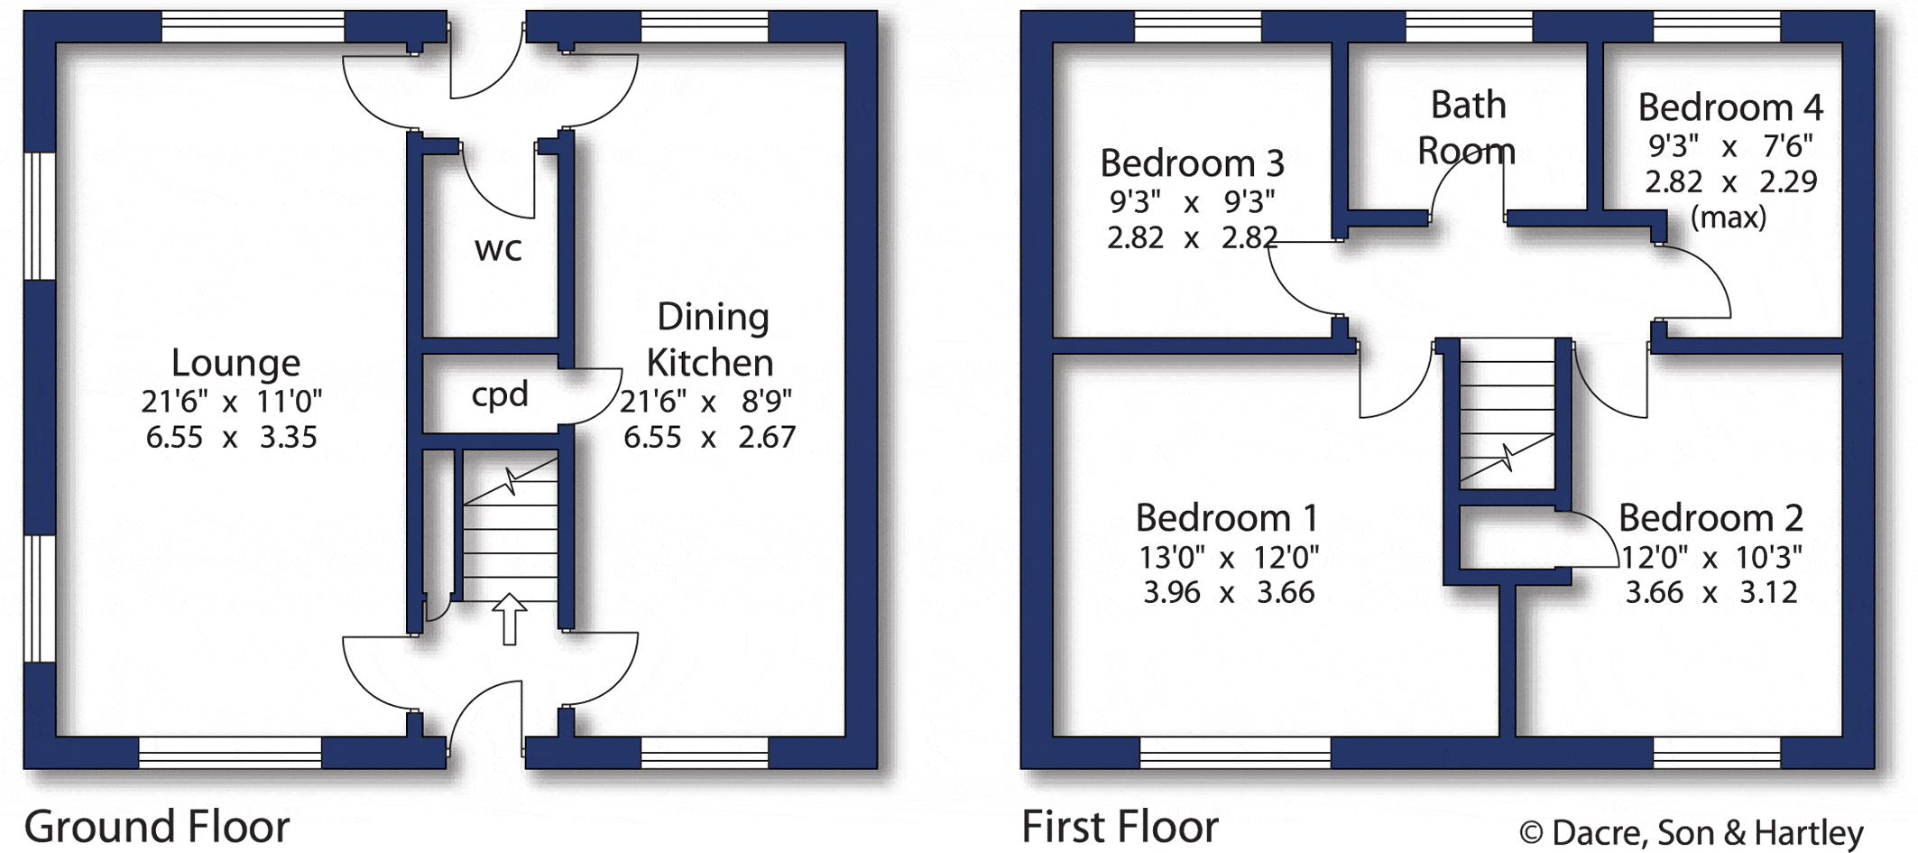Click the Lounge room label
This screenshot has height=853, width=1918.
[235, 363]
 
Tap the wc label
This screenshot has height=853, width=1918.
[498, 249]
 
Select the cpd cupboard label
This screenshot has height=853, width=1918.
[500, 395]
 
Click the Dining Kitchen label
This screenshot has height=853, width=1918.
[712, 339]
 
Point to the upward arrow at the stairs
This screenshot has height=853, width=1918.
[510, 618]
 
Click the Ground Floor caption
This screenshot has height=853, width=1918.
[157, 826]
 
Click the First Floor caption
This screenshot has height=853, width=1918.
[1120, 826]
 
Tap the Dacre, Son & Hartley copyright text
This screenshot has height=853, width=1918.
[1692, 832]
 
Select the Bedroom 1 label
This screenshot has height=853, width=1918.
[1227, 518]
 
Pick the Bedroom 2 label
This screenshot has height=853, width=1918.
[1711, 518]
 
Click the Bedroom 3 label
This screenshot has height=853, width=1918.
[1192, 163]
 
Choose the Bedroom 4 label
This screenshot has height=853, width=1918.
[1730, 107]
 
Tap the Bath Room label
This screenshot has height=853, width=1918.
[1467, 127]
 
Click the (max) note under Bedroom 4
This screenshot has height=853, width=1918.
[1729, 218]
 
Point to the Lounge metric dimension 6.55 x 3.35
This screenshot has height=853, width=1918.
[232, 437]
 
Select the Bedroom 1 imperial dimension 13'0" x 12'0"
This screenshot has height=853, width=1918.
[1229, 557]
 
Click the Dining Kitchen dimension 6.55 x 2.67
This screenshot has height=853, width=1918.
[710, 437]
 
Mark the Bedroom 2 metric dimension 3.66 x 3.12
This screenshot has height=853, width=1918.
[1711, 592]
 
